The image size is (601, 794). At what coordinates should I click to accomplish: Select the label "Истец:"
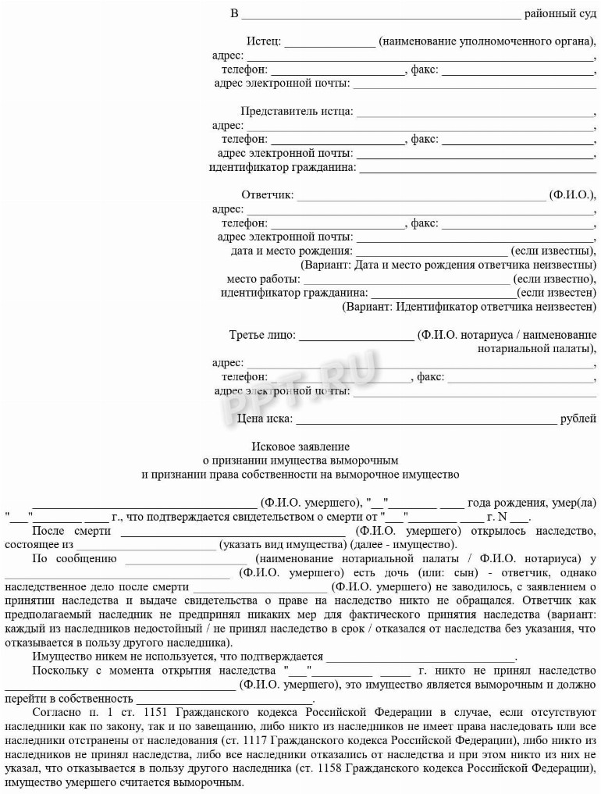click(x=263, y=41)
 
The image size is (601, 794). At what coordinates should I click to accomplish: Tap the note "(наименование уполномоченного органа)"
click(x=485, y=41)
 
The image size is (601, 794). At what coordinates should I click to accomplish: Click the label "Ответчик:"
click(x=267, y=194)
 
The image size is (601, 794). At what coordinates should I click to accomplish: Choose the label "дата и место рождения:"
click(x=291, y=251)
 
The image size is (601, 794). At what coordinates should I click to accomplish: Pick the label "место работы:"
click(x=263, y=279)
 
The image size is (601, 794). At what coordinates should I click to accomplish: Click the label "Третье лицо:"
click(x=262, y=335)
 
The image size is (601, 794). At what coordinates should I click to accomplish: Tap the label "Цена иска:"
click(x=265, y=419)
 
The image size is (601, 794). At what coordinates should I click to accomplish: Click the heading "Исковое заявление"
click(x=300, y=447)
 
